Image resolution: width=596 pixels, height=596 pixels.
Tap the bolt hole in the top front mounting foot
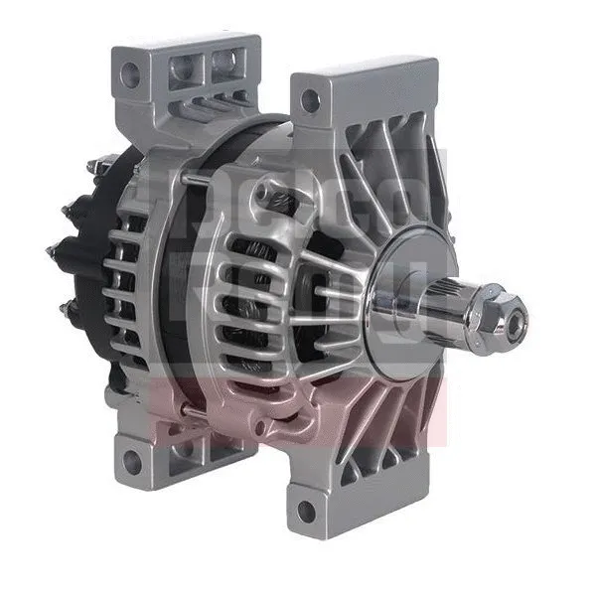[x=311, y=100]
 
